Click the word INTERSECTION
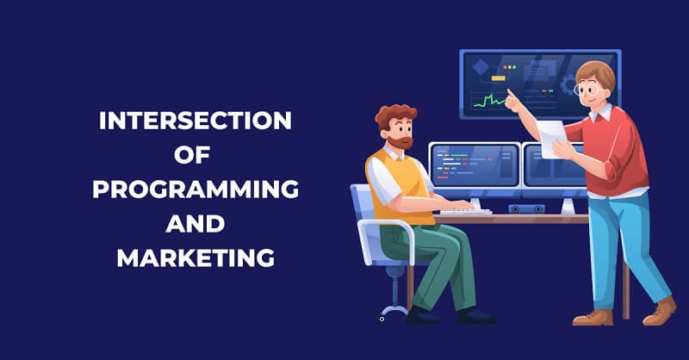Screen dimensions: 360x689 click(x=196, y=121)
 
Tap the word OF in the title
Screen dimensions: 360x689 click(x=196, y=155)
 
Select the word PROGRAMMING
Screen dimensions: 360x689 click(x=196, y=189)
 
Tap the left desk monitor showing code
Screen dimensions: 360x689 click(x=474, y=164)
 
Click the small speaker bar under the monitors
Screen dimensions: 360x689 click(x=526, y=208)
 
